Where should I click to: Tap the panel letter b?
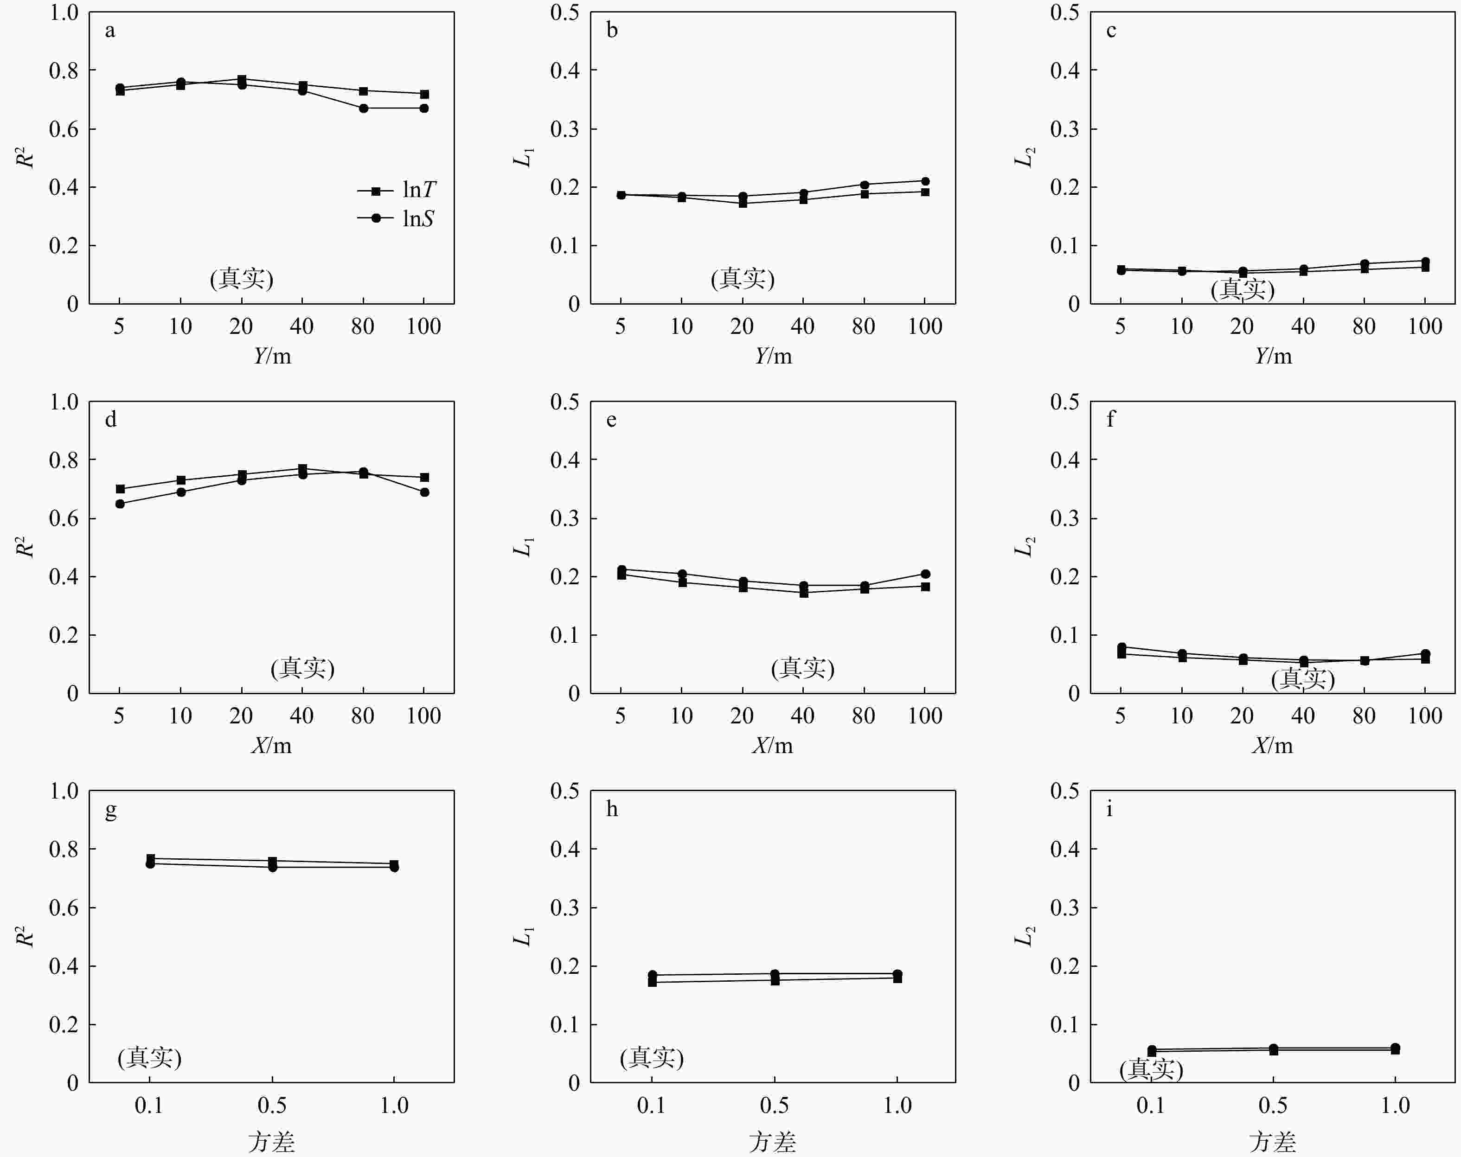tap(612, 31)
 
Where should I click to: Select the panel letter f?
tap(1110, 419)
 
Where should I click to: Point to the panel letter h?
tap(612, 809)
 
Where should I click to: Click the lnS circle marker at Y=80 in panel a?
tap(364, 109)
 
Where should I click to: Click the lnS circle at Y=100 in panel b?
tap(925, 181)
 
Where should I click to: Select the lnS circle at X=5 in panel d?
tap(120, 504)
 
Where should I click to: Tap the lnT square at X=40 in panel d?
tap(303, 469)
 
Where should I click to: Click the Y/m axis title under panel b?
tap(773, 356)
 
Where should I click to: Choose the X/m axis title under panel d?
tap(272, 745)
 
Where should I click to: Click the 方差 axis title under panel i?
tap(1273, 1141)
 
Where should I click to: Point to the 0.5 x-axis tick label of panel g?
tap(272, 1106)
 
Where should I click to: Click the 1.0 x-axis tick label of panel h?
tap(897, 1106)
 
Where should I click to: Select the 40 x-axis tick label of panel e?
tap(803, 716)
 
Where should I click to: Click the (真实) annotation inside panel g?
tap(150, 1057)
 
